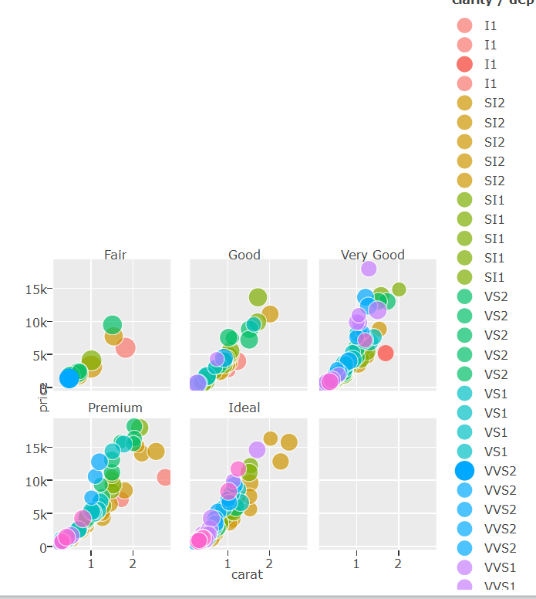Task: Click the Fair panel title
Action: coord(115,255)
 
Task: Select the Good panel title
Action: coord(244,255)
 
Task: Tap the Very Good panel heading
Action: coord(373,255)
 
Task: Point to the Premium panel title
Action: coord(115,408)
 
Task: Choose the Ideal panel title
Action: coord(244,408)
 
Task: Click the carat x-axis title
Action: coord(247,574)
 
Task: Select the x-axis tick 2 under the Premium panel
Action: coord(133,563)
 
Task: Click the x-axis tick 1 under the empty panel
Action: coord(356,563)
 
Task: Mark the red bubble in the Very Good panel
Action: coord(386,353)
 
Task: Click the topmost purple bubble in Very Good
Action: coord(369,269)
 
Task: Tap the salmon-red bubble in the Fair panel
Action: coord(125,348)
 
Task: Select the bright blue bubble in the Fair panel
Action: coord(69,378)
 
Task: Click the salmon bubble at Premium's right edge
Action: coord(165,478)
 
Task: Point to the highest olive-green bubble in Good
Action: coord(258,297)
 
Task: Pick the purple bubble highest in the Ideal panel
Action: coord(257,450)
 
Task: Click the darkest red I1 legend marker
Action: coord(465,64)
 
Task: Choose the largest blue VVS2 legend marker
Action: coord(465,470)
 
